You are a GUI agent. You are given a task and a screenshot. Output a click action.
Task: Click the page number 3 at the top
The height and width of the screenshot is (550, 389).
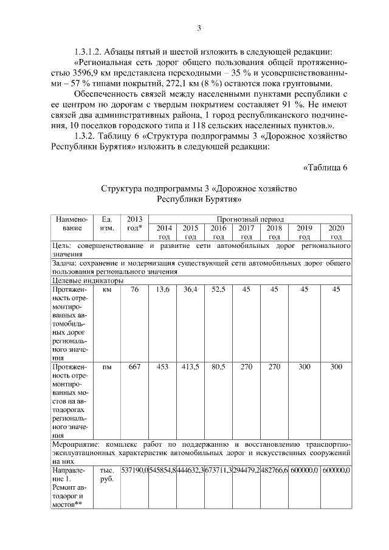pyautogui.click(x=198, y=28)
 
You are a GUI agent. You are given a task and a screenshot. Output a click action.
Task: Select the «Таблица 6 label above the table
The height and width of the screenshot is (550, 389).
pyautogui.click(x=324, y=168)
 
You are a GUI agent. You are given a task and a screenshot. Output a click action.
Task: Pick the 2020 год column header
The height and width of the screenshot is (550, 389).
pyautogui.click(x=336, y=232)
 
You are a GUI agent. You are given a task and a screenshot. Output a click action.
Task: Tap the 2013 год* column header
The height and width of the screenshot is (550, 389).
pyautogui.click(x=134, y=223)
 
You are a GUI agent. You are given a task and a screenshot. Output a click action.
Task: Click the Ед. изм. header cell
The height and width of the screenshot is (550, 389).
pyautogui.click(x=107, y=223)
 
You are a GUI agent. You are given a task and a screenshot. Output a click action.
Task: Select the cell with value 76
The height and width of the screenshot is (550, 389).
pyautogui.click(x=134, y=290)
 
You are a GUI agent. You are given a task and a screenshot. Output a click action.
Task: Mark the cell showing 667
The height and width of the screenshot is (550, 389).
pyautogui.click(x=134, y=367)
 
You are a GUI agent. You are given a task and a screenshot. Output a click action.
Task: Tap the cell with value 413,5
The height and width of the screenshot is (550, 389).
pyautogui.click(x=190, y=367)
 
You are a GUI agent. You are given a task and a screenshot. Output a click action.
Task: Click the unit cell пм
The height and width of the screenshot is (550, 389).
pyautogui.click(x=107, y=367)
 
